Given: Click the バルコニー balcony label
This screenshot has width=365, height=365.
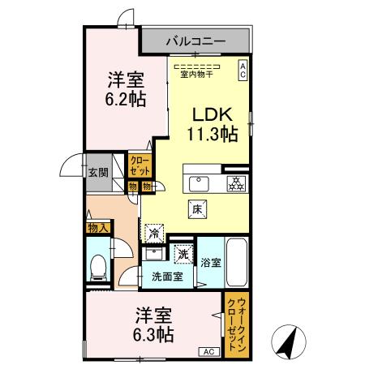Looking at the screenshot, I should [x=196, y=39].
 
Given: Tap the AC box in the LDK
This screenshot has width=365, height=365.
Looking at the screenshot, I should [x=242, y=71].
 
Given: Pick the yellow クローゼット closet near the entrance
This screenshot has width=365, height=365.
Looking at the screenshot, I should [x=140, y=166].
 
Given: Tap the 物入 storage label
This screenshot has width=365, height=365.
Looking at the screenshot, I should [x=97, y=229].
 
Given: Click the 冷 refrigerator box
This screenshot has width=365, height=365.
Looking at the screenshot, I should [x=153, y=233].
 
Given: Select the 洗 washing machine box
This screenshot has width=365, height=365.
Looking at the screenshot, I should [x=184, y=254].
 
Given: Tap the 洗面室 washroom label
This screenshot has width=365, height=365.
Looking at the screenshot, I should [x=167, y=277].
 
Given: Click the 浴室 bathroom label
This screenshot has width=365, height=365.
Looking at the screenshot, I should [x=211, y=263].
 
